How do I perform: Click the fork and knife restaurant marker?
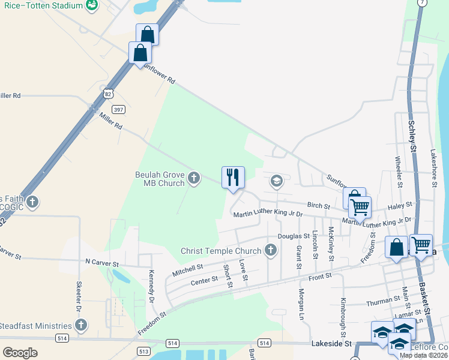pos(233,178)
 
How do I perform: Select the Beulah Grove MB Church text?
pos(160,179)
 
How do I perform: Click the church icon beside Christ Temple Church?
pos(271,250)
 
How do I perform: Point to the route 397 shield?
pos(119,109)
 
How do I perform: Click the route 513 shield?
pos(143,350)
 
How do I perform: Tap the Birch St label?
pos(319,206)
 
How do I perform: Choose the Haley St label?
pos(400,205)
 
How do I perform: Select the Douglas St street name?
pos(293,237)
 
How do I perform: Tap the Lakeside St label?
pos(331,344)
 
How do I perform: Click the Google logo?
pos(20,353)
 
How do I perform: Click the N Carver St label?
pos(103,263)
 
